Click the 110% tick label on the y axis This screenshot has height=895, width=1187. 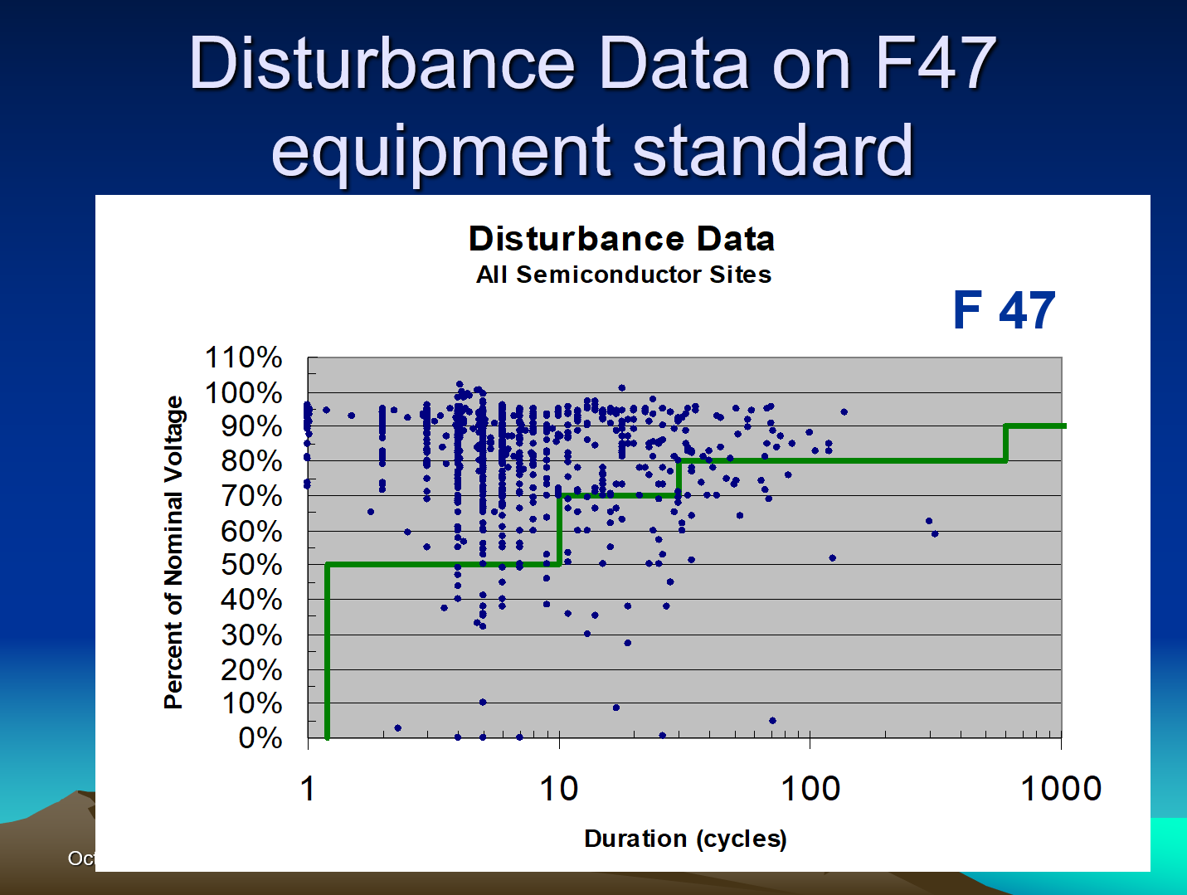pos(243,358)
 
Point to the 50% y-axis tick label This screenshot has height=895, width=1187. pos(251,565)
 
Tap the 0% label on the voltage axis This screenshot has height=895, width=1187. pos(260,737)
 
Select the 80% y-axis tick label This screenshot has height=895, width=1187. pos(251,461)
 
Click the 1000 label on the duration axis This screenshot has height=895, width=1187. pos(1060,789)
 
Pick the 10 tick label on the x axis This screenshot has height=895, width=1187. pos(559,789)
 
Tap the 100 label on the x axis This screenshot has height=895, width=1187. pos(810,789)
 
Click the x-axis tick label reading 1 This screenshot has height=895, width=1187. pos(308,789)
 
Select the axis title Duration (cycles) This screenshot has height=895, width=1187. pos(685,839)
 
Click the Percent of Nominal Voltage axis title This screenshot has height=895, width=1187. pos(173,552)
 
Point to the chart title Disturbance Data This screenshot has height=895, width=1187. pos(621,239)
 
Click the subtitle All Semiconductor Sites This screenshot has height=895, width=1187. pos(624,275)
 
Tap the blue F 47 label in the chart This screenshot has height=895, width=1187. pos(1004,310)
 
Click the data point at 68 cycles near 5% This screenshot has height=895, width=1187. pos(772,720)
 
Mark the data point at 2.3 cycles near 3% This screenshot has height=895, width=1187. pos(398,728)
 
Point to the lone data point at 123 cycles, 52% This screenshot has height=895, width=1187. pos(832,558)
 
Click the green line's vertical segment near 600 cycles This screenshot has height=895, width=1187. pos(1005,444)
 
